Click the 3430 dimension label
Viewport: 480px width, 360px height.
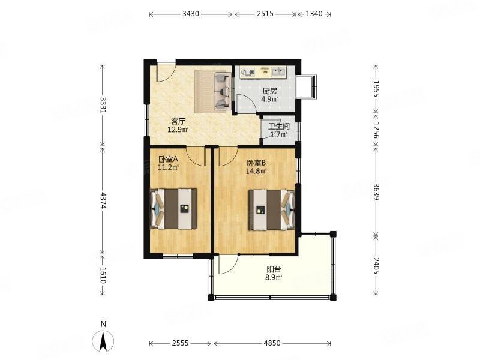191,14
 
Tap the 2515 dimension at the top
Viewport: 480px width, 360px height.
265,14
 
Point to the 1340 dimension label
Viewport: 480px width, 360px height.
314,14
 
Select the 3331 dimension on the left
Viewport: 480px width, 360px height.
103,106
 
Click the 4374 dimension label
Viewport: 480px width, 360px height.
103,201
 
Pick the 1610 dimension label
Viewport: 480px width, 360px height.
103,275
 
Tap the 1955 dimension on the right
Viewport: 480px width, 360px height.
376,89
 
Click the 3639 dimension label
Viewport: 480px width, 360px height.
376,191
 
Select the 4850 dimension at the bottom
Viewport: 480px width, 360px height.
272,343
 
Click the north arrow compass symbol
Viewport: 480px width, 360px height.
103,340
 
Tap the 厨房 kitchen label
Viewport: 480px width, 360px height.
269,91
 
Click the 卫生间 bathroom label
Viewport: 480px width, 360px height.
279,127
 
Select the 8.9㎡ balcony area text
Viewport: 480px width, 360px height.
274,278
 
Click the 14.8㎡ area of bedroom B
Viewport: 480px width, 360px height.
256,171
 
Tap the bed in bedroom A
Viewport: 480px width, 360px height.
173,209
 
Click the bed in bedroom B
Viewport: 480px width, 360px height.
271,209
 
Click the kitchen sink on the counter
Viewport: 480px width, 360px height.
278,71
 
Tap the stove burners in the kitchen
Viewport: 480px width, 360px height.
248,72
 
